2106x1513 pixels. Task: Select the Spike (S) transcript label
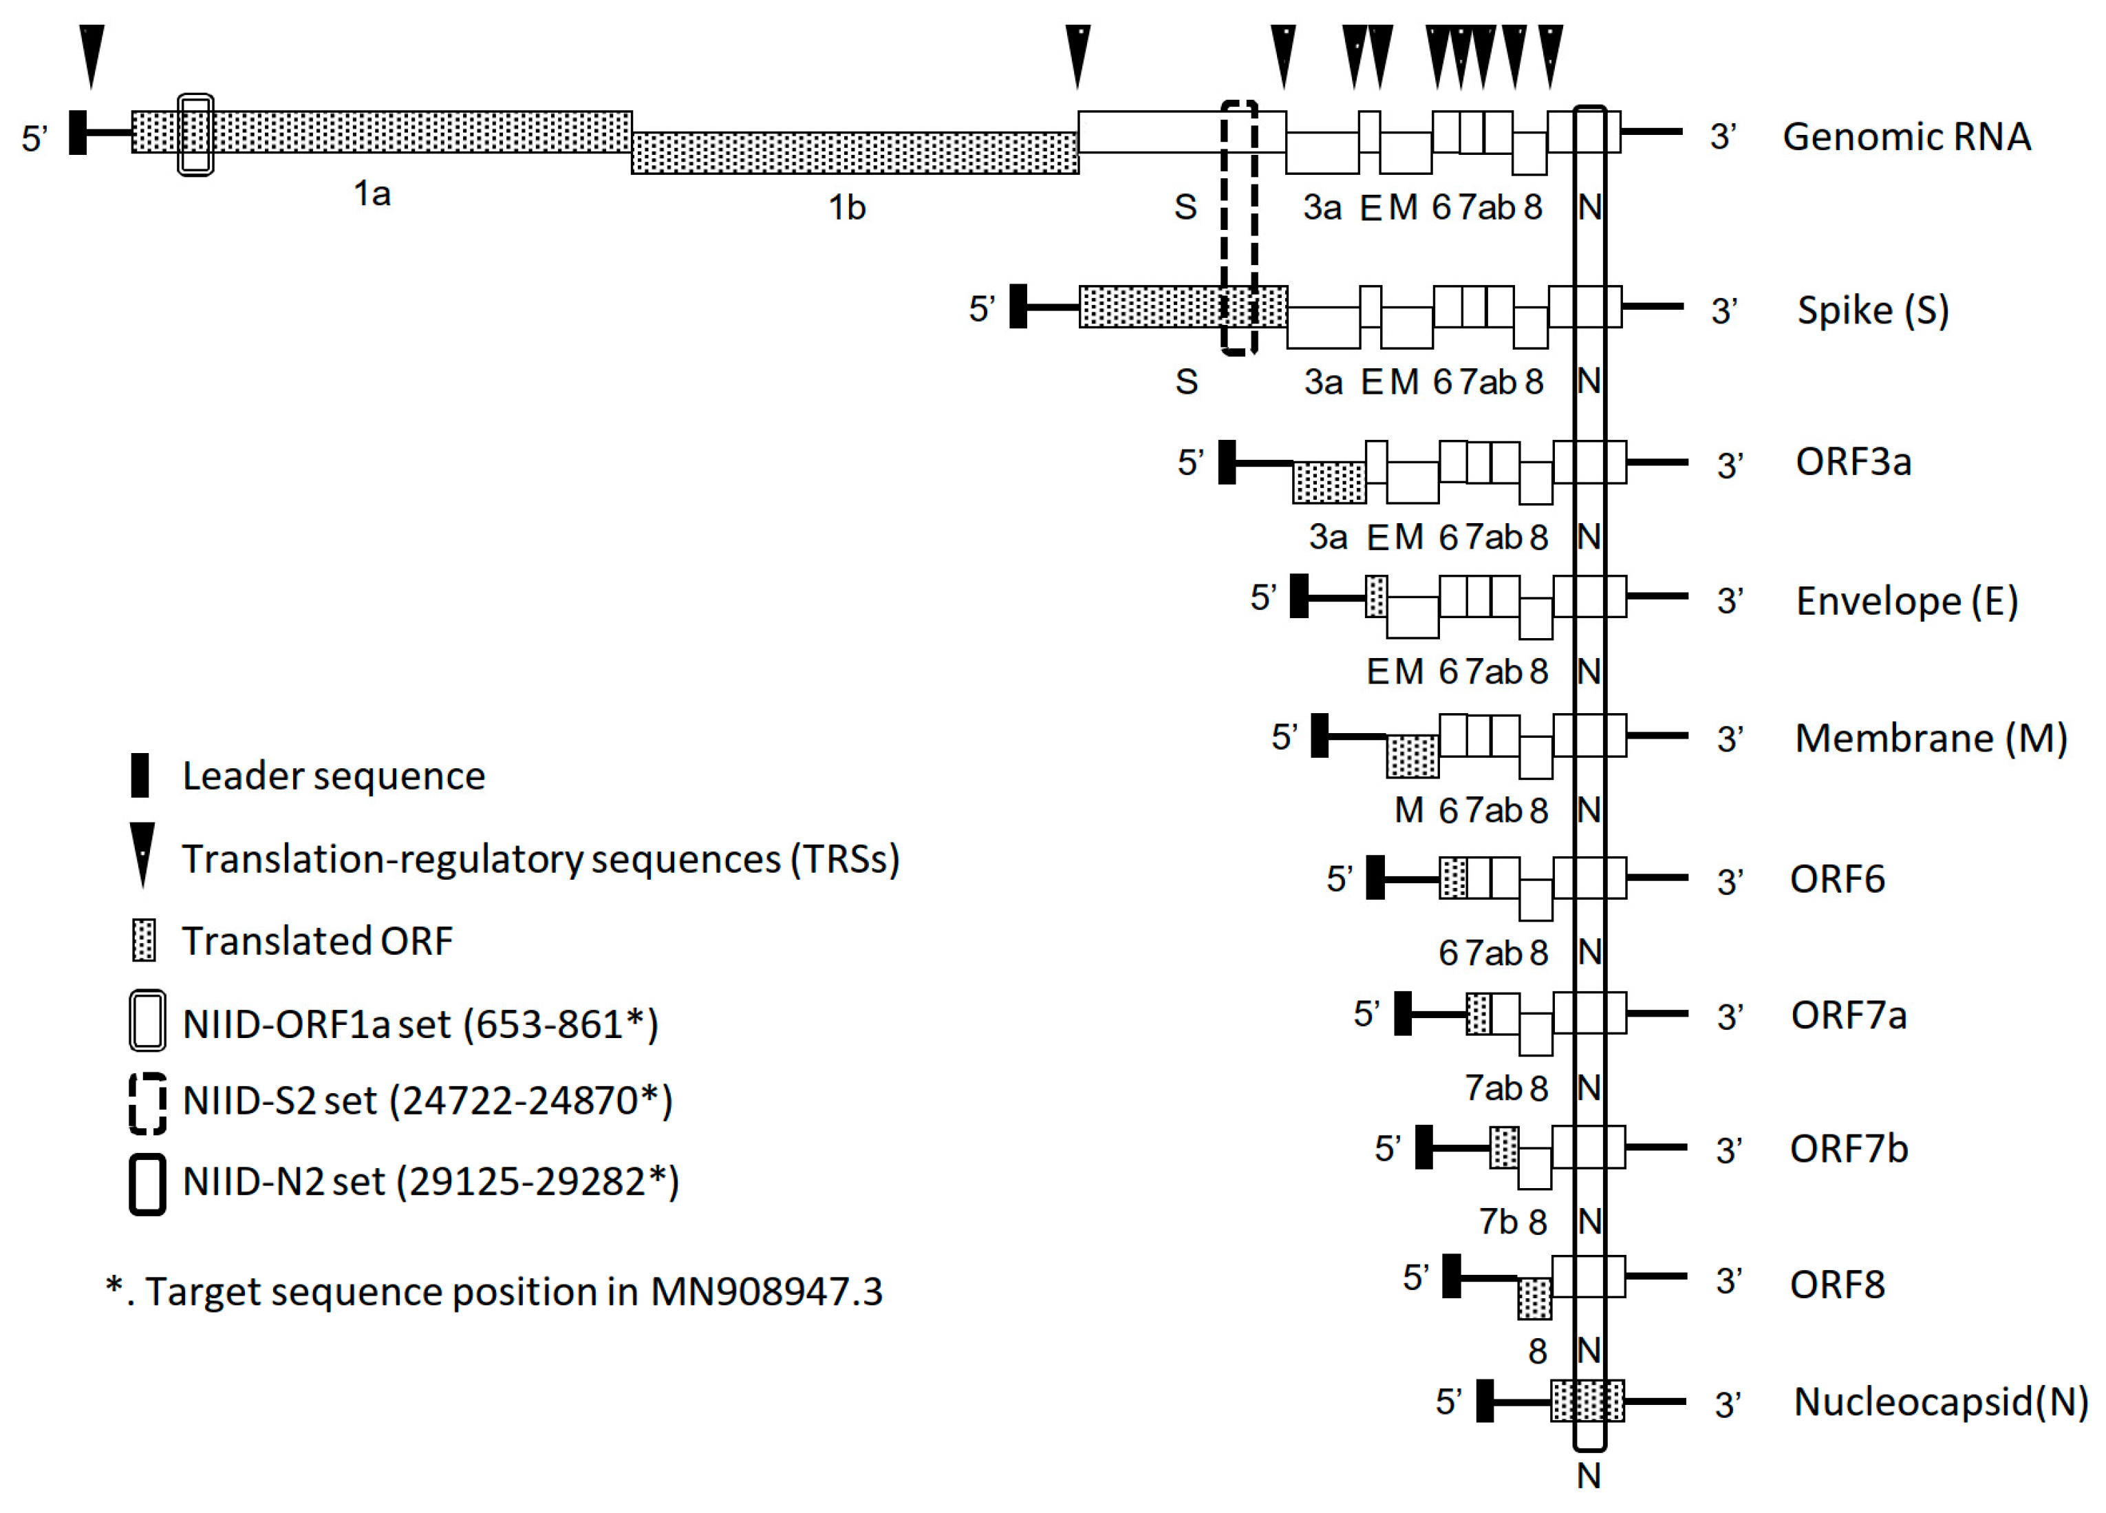(1872, 310)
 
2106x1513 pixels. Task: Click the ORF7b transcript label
(1848, 1149)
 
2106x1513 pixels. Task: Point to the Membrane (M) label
(1931, 739)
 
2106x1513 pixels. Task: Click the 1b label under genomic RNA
(846, 207)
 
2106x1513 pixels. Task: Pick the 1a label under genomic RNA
(372, 193)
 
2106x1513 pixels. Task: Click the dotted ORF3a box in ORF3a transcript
(1329, 482)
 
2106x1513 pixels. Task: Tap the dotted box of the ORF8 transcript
(1534, 1298)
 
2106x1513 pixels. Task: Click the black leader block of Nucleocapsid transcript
(1485, 1401)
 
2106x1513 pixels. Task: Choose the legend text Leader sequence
(334, 776)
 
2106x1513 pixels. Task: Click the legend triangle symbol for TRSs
(142, 854)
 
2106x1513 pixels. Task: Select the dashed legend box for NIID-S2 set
(148, 1103)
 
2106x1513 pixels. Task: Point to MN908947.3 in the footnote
(766, 1291)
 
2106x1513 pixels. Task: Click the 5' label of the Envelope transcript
(1263, 597)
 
